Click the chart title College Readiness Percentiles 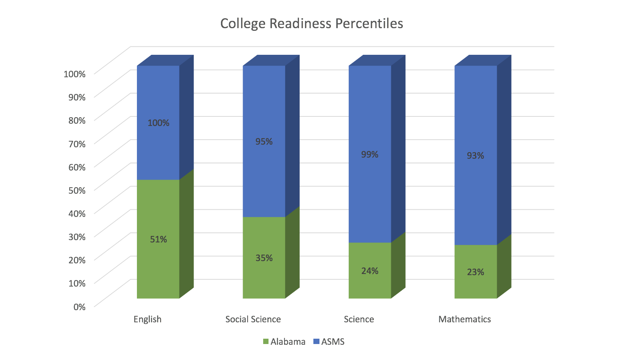point(311,24)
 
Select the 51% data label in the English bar point(158,239)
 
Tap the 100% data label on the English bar point(158,123)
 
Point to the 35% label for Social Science point(264,258)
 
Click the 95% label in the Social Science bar point(264,142)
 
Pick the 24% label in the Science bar point(370,271)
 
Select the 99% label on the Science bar point(370,154)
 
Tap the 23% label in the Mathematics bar point(475,272)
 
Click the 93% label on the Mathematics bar point(475,155)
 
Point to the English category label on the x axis point(147,319)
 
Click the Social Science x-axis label point(253,319)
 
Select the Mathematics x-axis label point(464,319)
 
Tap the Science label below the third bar point(359,319)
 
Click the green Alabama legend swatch point(266,342)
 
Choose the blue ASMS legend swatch point(316,342)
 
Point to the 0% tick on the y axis point(79,306)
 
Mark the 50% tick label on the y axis point(77,190)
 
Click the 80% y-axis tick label point(77,120)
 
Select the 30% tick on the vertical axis point(77,237)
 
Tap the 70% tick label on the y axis point(77,143)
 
